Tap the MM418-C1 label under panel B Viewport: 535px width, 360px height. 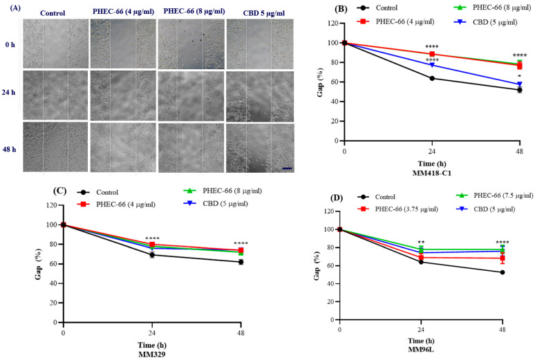tap(432, 171)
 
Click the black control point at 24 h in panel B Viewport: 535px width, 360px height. tap(432, 78)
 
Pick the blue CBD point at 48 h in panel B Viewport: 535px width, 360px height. tap(519, 84)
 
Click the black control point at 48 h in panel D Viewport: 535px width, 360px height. tap(503, 272)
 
